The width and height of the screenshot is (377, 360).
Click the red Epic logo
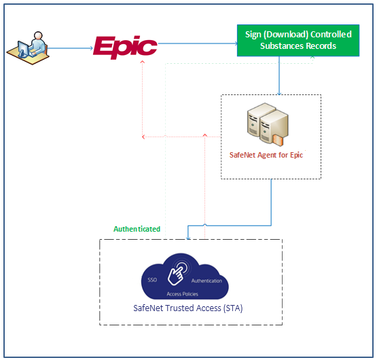click(x=125, y=47)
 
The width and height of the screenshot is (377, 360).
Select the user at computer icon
click(x=28, y=48)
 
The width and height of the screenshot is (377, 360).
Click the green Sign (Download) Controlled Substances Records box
click(x=298, y=40)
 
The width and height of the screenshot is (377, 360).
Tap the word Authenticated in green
click(x=137, y=229)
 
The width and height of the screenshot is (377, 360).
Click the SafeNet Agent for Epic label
click(x=266, y=155)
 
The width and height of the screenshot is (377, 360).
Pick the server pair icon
click(x=268, y=124)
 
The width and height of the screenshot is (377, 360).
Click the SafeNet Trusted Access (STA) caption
click(x=188, y=308)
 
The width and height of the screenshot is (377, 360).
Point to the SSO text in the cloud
click(x=152, y=280)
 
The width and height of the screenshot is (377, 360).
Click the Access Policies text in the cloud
click(x=183, y=294)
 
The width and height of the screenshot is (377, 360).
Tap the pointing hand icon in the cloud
click(x=177, y=273)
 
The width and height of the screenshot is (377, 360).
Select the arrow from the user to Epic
click(x=70, y=48)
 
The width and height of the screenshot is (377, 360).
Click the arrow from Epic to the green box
click(x=198, y=43)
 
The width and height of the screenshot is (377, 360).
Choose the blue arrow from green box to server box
click(x=279, y=76)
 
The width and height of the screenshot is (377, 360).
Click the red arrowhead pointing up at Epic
click(x=143, y=62)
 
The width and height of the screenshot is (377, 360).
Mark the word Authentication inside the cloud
click(x=207, y=281)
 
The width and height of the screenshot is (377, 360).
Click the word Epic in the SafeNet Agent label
click(x=296, y=155)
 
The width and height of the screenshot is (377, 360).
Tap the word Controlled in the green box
click(x=331, y=35)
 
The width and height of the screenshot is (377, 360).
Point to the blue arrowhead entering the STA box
click(x=188, y=238)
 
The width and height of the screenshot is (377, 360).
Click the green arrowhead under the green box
click(x=312, y=58)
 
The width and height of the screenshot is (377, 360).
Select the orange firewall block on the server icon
click(x=278, y=141)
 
